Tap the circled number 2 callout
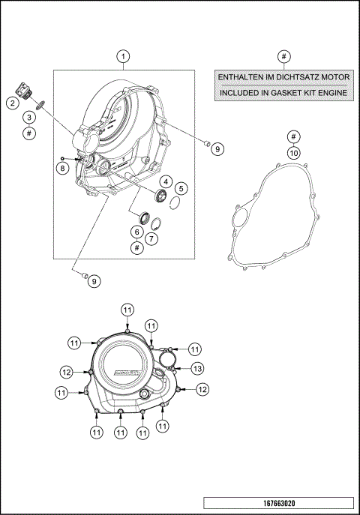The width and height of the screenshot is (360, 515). (13, 103)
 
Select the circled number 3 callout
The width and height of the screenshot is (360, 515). (28, 117)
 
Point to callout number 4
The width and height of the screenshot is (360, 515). (163, 181)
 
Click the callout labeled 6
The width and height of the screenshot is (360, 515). (136, 232)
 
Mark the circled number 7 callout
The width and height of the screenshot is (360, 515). (153, 238)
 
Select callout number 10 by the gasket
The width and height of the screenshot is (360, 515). (294, 152)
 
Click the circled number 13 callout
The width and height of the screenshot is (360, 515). (196, 368)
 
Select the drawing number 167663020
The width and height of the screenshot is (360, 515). (277, 502)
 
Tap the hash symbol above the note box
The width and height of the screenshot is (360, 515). (283, 57)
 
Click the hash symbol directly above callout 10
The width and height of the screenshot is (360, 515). (294, 136)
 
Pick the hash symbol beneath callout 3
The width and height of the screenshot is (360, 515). (28, 133)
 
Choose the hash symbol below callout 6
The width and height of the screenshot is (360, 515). (136, 247)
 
